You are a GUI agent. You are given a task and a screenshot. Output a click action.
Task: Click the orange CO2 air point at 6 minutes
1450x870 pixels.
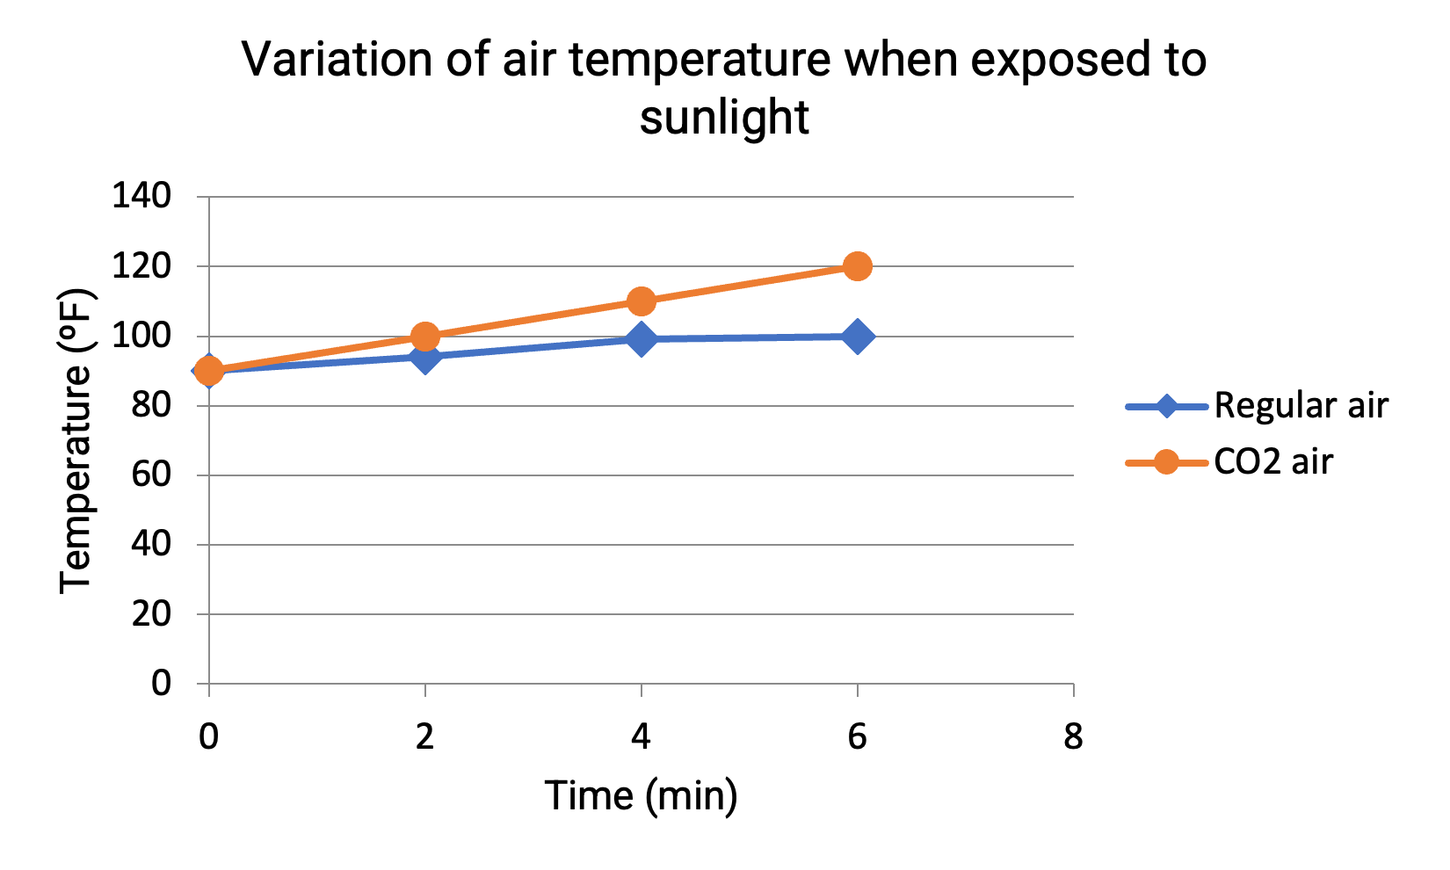click(x=858, y=266)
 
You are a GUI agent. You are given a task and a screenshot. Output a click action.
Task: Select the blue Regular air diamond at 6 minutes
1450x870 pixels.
click(x=858, y=337)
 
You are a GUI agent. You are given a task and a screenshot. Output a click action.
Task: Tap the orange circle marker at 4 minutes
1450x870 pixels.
click(x=642, y=301)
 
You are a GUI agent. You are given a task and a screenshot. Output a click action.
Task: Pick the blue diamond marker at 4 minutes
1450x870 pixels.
click(x=642, y=339)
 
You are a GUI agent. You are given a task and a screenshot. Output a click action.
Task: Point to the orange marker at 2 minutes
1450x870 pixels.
click(x=425, y=337)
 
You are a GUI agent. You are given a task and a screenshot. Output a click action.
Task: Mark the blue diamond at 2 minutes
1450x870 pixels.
click(x=425, y=357)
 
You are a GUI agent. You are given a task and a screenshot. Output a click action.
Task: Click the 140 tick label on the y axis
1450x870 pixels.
click(x=141, y=196)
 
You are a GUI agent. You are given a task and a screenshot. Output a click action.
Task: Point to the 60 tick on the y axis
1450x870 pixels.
click(x=151, y=475)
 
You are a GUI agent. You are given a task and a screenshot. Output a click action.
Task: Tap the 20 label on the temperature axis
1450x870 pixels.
click(x=151, y=614)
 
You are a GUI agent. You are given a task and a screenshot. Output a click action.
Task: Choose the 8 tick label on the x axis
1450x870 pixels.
click(x=1073, y=736)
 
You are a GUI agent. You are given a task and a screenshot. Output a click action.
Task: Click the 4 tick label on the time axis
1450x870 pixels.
click(x=642, y=736)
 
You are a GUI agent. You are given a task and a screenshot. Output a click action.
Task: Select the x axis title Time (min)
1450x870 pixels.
click(x=642, y=796)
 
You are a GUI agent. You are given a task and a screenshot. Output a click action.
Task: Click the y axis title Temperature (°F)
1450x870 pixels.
click(x=77, y=439)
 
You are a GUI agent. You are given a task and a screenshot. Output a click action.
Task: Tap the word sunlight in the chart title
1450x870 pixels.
click(x=724, y=117)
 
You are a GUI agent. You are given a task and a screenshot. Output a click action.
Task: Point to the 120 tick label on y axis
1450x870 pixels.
click(x=141, y=266)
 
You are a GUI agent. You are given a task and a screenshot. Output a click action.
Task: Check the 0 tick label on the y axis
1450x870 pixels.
click(x=161, y=684)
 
